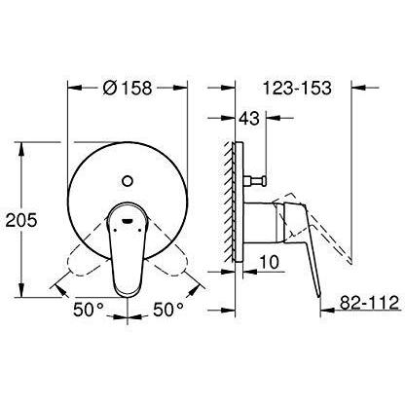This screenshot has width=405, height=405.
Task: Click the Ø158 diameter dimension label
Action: click(x=127, y=88)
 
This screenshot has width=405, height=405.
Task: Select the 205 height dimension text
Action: click(x=22, y=221)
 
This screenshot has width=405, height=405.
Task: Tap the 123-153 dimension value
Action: click(x=297, y=88)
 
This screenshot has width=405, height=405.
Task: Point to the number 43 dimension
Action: click(x=249, y=118)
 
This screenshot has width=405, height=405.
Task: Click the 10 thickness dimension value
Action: click(x=269, y=262)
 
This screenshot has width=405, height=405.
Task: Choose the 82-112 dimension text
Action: click(x=369, y=303)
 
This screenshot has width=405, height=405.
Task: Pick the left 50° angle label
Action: click(x=88, y=310)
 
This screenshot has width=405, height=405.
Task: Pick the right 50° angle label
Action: click(x=168, y=310)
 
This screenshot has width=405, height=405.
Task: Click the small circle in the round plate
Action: click(x=128, y=181)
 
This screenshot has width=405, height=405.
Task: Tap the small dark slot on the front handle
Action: click(x=127, y=221)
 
